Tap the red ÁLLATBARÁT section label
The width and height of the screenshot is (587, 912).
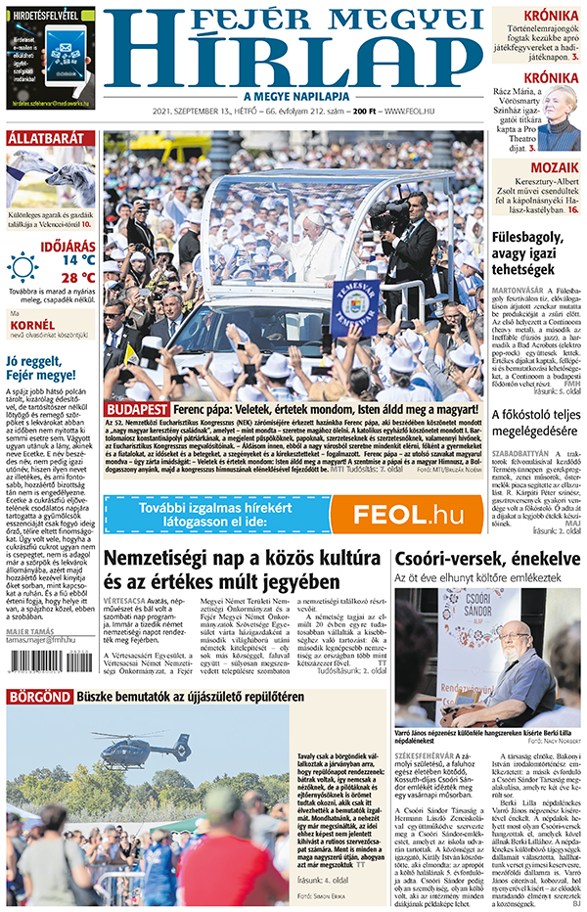(45, 138)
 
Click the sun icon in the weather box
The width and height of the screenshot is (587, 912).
(23, 266)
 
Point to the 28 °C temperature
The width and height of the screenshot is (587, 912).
(78, 278)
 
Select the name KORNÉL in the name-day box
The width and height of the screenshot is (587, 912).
(31, 324)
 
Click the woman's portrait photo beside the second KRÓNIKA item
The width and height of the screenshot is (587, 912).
(559, 122)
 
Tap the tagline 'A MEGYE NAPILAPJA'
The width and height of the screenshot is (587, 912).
(293, 96)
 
